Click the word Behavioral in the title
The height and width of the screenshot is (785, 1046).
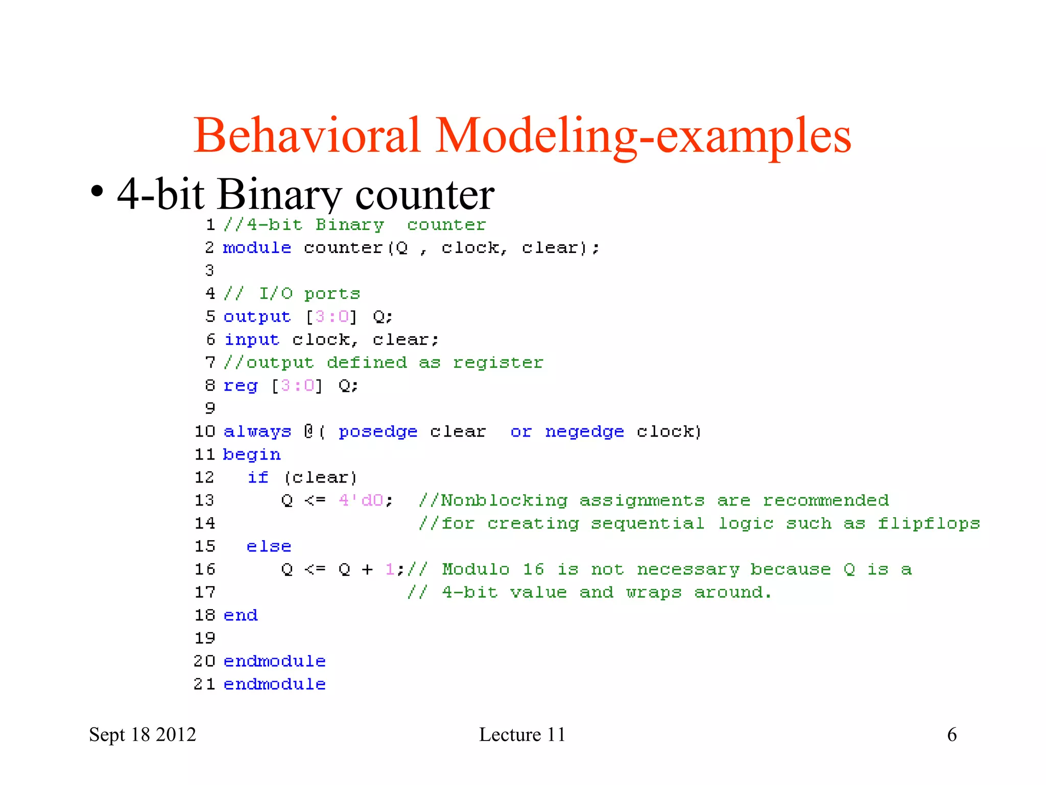pyautogui.click(x=307, y=135)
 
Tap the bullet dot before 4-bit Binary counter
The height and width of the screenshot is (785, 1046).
pyautogui.click(x=97, y=193)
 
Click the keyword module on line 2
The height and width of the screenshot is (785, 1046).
pyautogui.click(x=257, y=248)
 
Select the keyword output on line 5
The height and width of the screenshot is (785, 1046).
pyautogui.click(x=257, y=317)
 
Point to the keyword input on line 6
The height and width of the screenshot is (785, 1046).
pyautogui.click(x=252, y=340)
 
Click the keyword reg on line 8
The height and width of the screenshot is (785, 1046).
pyautogui.click(x=241, y=386)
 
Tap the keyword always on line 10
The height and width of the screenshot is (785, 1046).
pyautogui.click(x=257, y=432)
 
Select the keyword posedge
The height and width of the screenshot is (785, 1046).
pyautogui.click(x=378, y=432)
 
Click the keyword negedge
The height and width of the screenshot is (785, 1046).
pyautogui.click(x=584, y=432)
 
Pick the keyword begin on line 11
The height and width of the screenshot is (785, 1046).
pyautogui.click(x=252, y=455)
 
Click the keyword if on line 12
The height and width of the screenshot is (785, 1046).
pyautogui.click(x=258, y=477)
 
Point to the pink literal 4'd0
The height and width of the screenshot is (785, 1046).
pyautogui.click(x=361, y=500)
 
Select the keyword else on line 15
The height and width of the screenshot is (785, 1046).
pyautogui.click(x=269, y=546)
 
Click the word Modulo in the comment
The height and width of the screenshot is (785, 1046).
pyautogui.click(x=476, y=569)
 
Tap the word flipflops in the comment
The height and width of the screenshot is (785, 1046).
pyautogui.click(x=929, y=523)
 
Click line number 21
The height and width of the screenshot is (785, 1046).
pyautogui.click(x=204, y=684)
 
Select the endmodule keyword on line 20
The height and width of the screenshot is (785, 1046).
pyautogui.click(x=274, y=661)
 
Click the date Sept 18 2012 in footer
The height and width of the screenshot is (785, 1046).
pyautogui.click(x=142, y=734)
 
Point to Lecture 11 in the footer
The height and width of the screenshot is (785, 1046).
pyautogui.click(x=522, y=734)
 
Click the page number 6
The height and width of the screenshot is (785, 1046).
pyautogui.click(x=952, y=734)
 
